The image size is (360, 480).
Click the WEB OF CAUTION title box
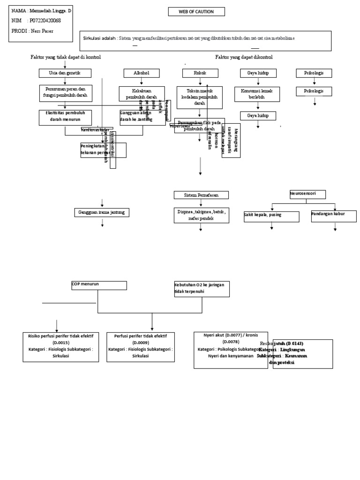coord(196,12)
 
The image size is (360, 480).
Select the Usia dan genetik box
coord(65,73)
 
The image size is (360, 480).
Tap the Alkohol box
coord(142,73)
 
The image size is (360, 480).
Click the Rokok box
coord(200,73)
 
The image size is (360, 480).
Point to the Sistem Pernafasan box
coord(202,195)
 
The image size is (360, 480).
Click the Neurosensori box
coord(307,194)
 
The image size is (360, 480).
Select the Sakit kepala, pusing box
coord(271,217)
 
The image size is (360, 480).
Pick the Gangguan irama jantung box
coord(102,213)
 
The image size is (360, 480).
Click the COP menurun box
coord(98,285)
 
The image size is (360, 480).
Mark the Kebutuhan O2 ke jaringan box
coord(202,289)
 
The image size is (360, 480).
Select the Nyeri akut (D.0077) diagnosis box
coord(231,350)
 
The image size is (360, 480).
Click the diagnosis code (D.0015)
coord(60,343)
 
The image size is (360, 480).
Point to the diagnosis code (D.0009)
coord(141,343)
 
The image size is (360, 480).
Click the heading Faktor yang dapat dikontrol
coord(244,57)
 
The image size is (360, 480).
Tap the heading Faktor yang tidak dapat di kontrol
coord(66,57)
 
